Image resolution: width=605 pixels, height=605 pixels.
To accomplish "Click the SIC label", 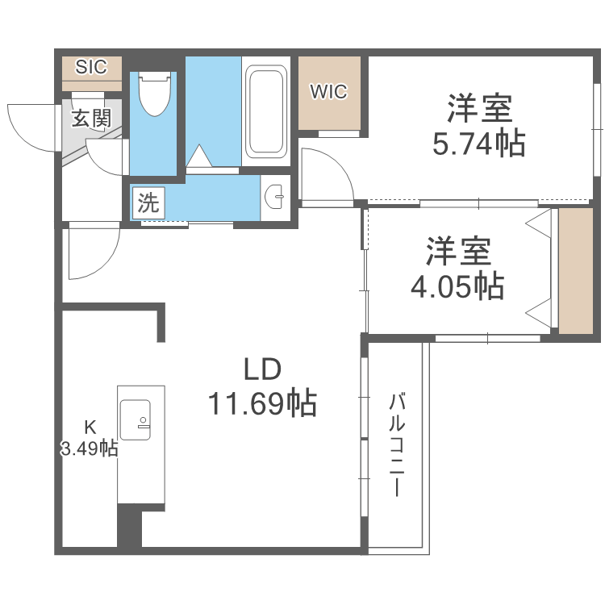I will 91,67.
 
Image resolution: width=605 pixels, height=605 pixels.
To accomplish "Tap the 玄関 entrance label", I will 91,119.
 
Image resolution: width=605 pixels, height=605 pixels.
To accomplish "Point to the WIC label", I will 329,92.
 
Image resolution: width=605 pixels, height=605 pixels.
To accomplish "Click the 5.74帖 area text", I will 479,143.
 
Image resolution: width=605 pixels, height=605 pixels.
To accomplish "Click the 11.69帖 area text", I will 262,403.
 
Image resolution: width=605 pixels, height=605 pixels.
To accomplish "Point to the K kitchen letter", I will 91,428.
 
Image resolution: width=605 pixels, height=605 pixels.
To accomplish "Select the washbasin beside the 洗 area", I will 275,195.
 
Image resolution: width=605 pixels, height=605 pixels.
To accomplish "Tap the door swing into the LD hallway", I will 91,252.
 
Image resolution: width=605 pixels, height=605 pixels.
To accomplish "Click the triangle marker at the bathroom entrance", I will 198,156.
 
